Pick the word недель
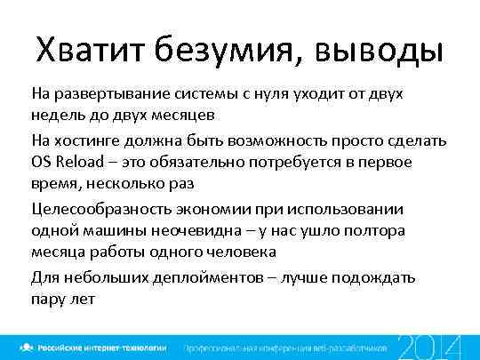pyautogui.click(x=55, y=116)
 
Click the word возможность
pyautogui.click(x=285, y=141)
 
